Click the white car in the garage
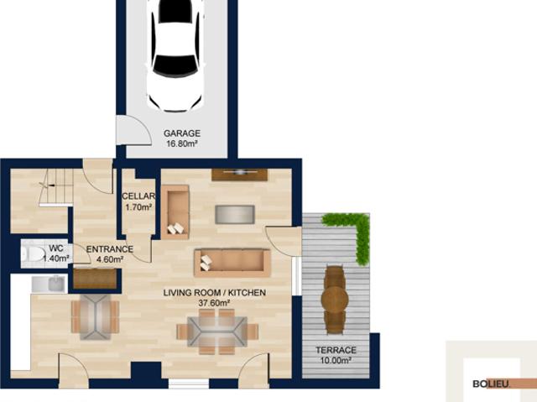(x=175, y=55)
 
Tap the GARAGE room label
(x=182, y=133)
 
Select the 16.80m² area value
(x=182, y=144)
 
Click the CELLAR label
(x=138, y=196)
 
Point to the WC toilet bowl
(x=33, y=253)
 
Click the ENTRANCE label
(x=110, y=249)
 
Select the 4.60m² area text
(x=110, y=259)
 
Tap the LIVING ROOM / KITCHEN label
(x=215, y=293)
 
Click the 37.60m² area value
(x=214, y=303)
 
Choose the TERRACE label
(x=336, y=350)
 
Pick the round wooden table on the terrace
(x=335, y=300)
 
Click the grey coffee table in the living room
(x=235, y=214)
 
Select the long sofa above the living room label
(x=232, y=263)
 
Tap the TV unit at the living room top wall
(x=240, y=175)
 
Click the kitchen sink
(x=49, y=285)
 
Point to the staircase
(x=56, y=187)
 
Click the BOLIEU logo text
(x=491, y=384)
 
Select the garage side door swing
(x=133, y=130)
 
